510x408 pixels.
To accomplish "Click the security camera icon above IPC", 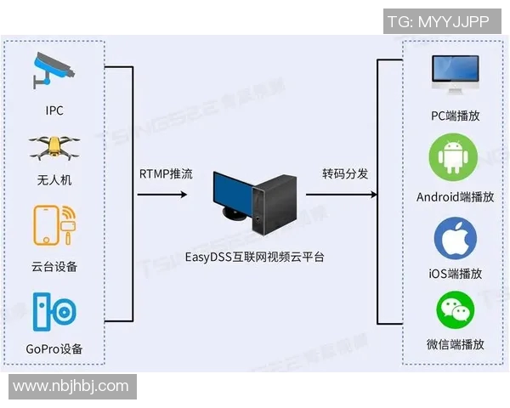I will pyautogui.click(x=54, y=71).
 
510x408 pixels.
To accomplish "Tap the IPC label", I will pyautogui.click(x=54, y=110).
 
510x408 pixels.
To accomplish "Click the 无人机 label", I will pyautogui.click(x=54, y=179).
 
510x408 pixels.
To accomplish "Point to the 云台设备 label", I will pyautogui.click(x=54, y=266).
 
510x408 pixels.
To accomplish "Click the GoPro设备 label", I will pyautogui.click(x=54, y=349).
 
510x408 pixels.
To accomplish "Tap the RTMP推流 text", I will pyautogui.click(x=166, y=174).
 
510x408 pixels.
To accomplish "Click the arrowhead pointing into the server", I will pyautogui.click(x=183, y=195).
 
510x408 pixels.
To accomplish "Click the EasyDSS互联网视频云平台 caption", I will pyautogui.click(x=255, y=256).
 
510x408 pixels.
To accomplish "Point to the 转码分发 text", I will pyautogui.click(x=345, y=174).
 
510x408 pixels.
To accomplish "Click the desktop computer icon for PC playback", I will pyautogui.click(x=455, y=75).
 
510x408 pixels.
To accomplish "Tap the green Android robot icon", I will pyautogui.click(x=455, y=159).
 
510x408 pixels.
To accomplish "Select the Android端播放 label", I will pyautogui.click(x=455, y=196).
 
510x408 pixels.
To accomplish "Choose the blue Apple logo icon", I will pyautogui.click(x=456, y=237).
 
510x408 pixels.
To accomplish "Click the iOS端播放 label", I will pyautogui.click(x=456, y=274).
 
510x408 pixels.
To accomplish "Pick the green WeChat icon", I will pyautogui.click(x=456, y=311).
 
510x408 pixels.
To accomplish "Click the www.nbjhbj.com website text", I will pyautogui.click(x=71, y=387).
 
